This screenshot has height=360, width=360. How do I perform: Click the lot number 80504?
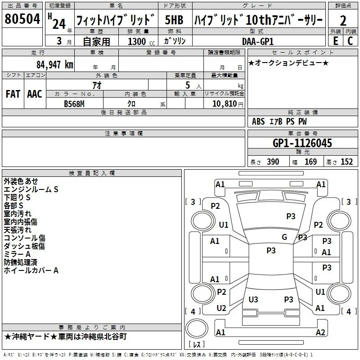coord(22,19)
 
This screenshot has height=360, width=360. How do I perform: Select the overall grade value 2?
coord(343,21)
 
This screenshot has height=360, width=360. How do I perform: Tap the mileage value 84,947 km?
coord(55,65)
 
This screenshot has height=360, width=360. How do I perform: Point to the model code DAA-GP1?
coord(258,41)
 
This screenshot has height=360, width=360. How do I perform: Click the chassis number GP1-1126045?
coord(302,143)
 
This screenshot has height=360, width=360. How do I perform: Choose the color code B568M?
coord(74,104)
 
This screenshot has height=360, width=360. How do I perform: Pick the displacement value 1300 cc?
coord(141,41)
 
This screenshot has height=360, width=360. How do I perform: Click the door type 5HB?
coord(174,20)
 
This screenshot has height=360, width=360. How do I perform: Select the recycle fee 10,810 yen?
coord(228,104)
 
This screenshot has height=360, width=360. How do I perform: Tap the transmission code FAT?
coord(13,94)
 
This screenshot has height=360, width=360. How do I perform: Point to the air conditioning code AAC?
coord(35,94)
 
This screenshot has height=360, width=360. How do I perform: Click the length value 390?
coord(273,162)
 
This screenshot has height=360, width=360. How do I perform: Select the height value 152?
coord(346,162)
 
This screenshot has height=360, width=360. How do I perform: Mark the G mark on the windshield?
coord(284,237)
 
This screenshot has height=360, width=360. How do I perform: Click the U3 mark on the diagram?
coord(253,299)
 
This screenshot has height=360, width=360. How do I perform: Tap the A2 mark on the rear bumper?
coord(320,332)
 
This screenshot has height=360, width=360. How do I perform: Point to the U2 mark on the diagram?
coord(221,308)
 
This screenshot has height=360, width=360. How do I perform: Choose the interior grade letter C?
coord(350,41)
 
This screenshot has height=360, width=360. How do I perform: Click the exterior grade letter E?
coord(336,41)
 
